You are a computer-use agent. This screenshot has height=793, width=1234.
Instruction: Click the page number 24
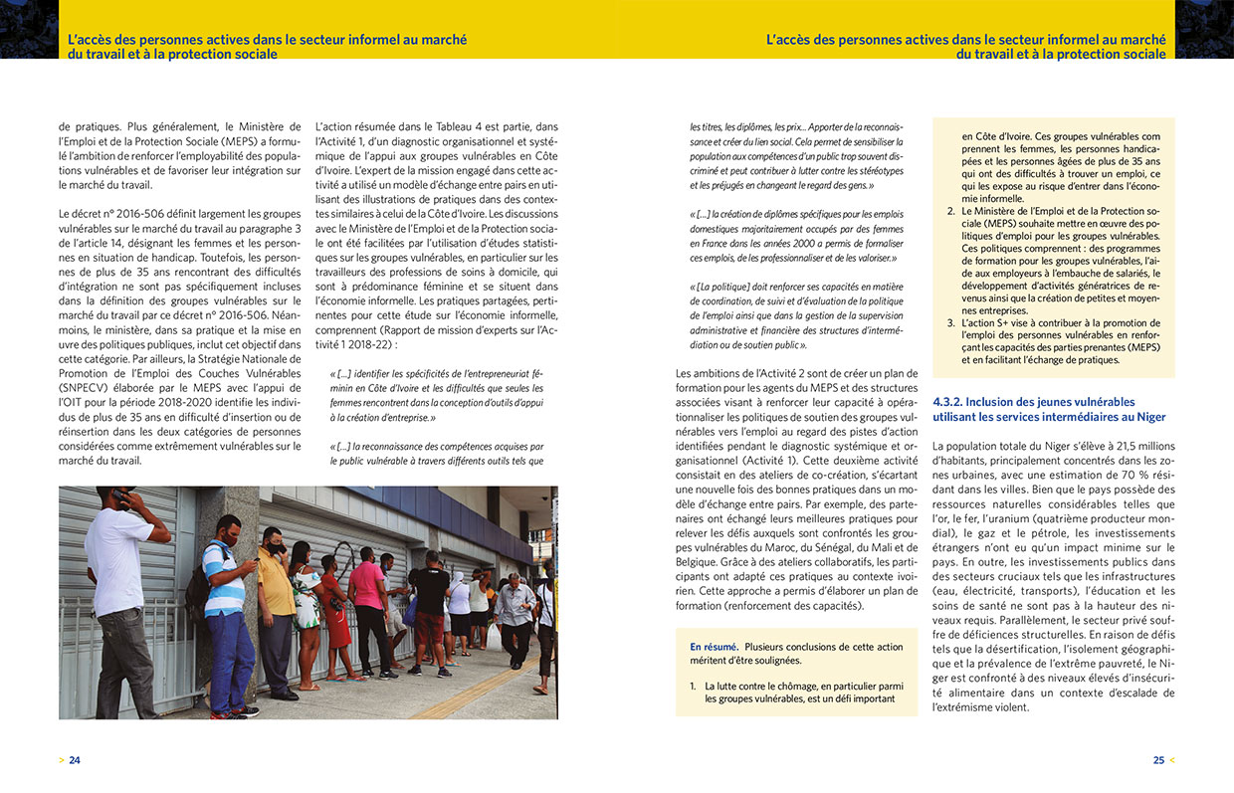75,760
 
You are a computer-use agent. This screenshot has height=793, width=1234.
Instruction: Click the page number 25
1158,760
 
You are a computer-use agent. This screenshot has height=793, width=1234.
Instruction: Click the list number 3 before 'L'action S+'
951,323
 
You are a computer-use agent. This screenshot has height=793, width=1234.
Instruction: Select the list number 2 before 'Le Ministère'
951,212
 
